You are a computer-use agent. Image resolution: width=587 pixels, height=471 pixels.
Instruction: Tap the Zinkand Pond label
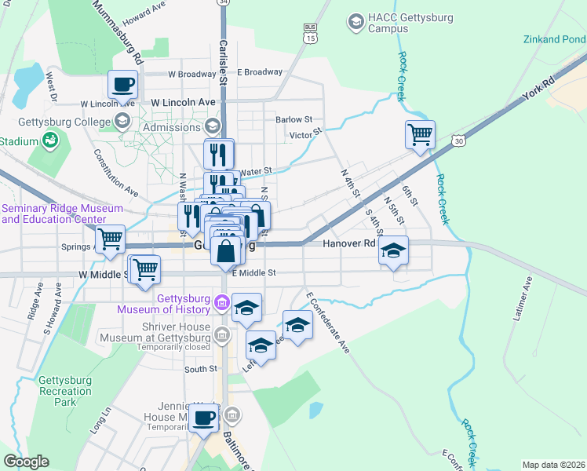click(x=558, y=39)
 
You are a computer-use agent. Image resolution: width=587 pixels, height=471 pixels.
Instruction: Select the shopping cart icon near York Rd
click(x=420, y=135)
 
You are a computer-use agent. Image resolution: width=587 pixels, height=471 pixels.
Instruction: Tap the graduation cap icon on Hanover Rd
click(x=393, y=251)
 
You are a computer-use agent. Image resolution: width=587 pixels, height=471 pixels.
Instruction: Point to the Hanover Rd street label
click(x=349, y=244)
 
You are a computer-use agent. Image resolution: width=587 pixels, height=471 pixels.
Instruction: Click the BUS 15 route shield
click(x=312, y=33)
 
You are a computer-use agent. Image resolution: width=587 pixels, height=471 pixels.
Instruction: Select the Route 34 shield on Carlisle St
click(x=224, y=3)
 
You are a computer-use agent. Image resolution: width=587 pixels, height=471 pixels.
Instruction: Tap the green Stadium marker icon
click(x=51, y=141)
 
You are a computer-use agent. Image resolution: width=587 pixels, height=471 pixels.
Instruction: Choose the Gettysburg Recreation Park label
click(x=65, y=391)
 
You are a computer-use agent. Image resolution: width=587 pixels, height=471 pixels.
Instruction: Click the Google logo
click(x=26, y=462)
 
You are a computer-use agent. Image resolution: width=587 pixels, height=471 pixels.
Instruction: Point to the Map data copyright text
click(x=553, y=465)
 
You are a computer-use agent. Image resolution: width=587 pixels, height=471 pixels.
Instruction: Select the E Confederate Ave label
click(x=328, y=323)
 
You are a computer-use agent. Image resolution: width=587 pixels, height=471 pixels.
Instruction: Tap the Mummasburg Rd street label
click(x=118, y=32)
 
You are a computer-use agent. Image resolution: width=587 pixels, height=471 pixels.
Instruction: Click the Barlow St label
click(x=293, y=120)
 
